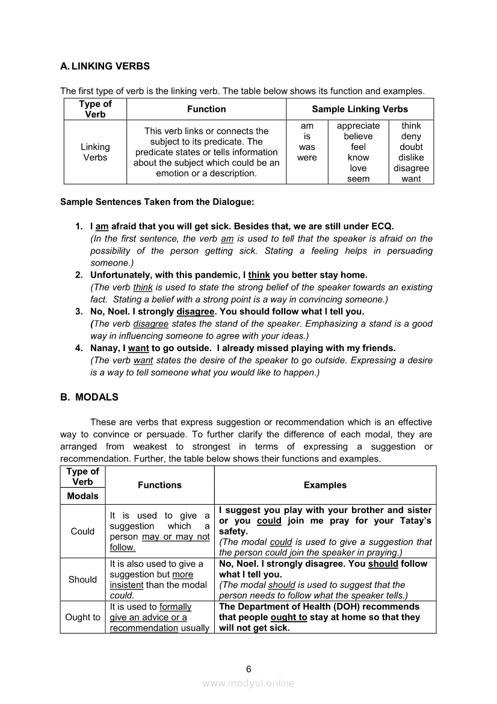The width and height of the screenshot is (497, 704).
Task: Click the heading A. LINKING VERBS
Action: click(105, 66)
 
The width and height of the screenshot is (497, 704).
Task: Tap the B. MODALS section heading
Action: click(89, 397)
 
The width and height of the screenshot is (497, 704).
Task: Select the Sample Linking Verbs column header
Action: click(359, 109)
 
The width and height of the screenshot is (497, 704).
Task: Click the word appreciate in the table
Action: click(358, 126)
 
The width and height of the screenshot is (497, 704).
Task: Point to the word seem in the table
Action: click(358, 179)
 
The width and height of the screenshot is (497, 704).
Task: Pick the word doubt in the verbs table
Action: click(411, 147)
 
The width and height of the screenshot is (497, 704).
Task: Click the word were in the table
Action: click(307, 158)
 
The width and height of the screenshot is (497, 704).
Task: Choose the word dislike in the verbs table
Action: click(411, 158)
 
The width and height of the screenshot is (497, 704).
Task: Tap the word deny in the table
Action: click(411, 137)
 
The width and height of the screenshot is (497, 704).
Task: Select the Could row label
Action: click(82, 531)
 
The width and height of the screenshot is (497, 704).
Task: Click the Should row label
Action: click(82, 579)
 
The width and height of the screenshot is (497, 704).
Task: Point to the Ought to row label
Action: click(82, 617)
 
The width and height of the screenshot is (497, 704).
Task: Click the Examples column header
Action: click(325, 485)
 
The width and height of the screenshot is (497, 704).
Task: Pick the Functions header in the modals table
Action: click(159, 485)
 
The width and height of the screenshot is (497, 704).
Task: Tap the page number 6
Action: click(248, 669)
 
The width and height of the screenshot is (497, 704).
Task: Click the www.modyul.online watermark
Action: click(248, 683)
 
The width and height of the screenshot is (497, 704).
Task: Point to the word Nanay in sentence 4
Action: click(105, 348)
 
